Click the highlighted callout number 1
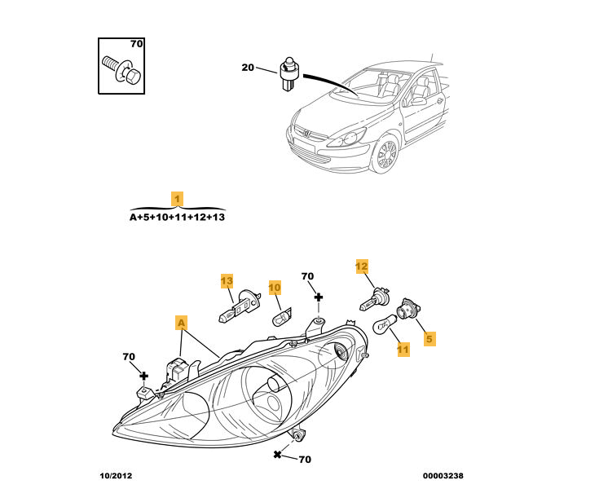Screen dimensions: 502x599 pos(177,198)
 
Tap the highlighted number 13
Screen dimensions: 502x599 pos(227,281)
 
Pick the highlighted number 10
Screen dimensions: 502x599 pos(274,288)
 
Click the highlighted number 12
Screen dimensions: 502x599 pos(362,266)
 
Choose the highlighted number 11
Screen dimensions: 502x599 pos(403,349)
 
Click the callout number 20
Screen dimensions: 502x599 pos(248,68)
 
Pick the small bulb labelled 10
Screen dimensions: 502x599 pos(281,315)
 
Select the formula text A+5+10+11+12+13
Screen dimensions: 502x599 pos(177,218)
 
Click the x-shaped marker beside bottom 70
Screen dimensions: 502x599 pos(278,454)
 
